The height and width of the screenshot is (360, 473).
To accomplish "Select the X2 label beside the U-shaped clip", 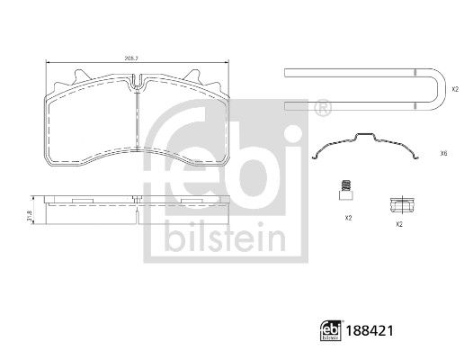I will (x=454, y=89).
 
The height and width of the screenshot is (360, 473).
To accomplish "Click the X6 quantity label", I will (x=443, y=154).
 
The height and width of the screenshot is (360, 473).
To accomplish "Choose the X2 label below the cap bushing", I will (x=398, y=223).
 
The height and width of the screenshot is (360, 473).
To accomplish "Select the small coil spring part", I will (x=344, y=190).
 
